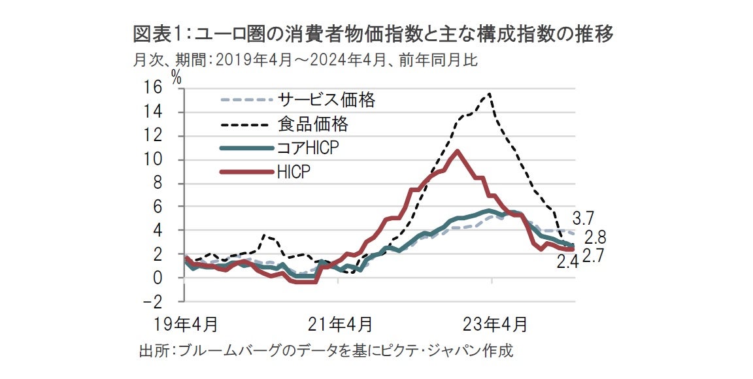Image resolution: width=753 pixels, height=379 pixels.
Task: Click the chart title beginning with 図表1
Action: [x=373, y=34]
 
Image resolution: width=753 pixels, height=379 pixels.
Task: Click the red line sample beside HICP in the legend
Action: [x=246, y=172]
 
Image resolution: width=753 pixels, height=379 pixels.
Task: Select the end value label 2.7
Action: [x=594, y=257]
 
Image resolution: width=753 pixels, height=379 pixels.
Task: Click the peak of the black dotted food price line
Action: [x=490, y=94]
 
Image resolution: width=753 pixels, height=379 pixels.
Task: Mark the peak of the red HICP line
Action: [x=457, y=152]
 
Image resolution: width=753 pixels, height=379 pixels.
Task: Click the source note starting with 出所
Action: [x=326, y=352]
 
